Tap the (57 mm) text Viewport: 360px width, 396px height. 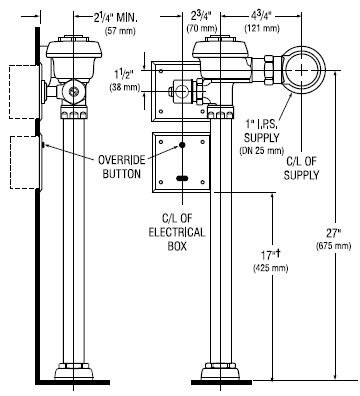(x=120, y=31)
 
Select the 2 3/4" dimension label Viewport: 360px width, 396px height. (x=201, y=16)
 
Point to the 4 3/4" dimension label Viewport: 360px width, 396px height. (x=262, y=16)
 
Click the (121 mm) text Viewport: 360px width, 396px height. (x=262, y=28)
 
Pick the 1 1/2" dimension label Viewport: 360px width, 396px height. (x=124, y=74)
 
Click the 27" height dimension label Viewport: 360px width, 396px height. (x=333, y=232)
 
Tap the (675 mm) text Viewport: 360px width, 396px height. (x=333, y=246)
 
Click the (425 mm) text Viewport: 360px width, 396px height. (x=271, y=268)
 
